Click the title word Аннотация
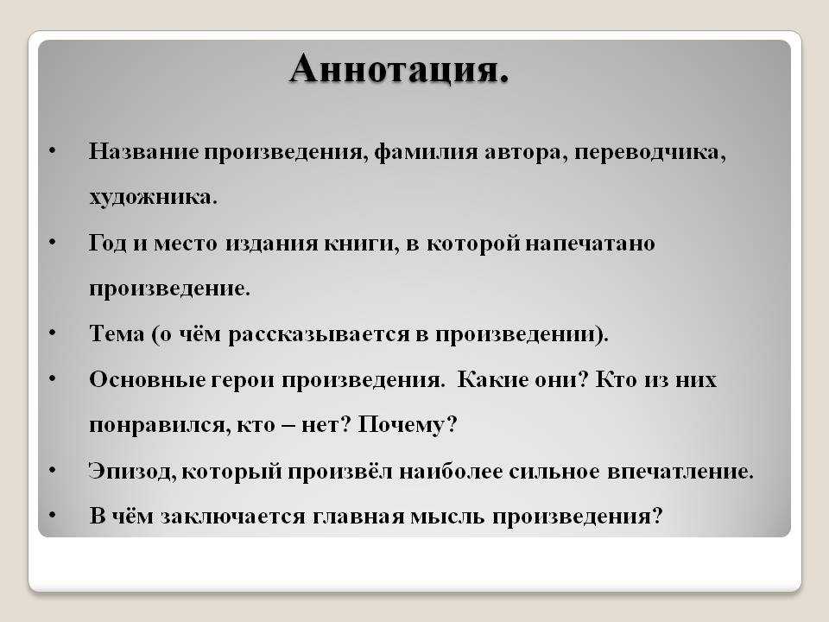click(x=399, y=69)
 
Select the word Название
click(x=144, y=151)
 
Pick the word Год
click(x=107, y=244)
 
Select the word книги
click(x=362, y=244)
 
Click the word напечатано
click(x=590, y=244)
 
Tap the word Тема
click(x=117, y=334)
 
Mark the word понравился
click(x=160, y=426)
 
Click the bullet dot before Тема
click(x=52, y=333)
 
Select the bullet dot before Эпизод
click(x=52, y=470)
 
